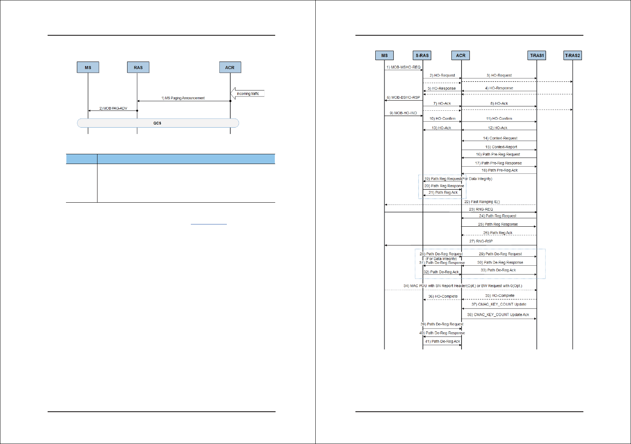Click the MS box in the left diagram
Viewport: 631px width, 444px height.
click(x=88, y=68)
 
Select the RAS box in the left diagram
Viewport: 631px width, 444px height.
click(x=138, y=68)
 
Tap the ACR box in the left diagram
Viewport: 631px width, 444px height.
click(x=230, y=68)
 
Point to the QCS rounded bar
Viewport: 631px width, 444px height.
click(x=157, y=123)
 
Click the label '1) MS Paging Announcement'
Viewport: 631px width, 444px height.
click(x=183, y=98)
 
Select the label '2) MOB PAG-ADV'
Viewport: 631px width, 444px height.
click(x=113, y=108)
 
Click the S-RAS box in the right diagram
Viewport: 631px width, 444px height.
click(x=422, y=56)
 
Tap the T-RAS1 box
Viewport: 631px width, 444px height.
click(x=537, y=56)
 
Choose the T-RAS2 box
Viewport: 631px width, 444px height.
click(x=572, y=56)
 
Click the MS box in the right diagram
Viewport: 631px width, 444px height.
click(x=384, y=56)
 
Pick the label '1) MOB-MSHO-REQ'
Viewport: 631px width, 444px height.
click(x=403, y=67)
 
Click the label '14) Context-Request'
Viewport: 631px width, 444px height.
click(x=500, y=138)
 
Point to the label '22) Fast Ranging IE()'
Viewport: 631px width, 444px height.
click(x=482, y=202)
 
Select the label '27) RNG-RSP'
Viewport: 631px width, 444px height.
click(x=481, y=241)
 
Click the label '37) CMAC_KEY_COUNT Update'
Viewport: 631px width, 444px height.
click(x=499, y=304)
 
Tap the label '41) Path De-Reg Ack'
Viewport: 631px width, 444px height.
click(x=442, y=341)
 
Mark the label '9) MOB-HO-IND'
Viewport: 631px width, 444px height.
click(x=403, y=113)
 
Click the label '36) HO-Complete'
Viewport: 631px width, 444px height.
click(x=443, y=296)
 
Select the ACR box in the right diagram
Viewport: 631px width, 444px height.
click(x=461, y=56)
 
